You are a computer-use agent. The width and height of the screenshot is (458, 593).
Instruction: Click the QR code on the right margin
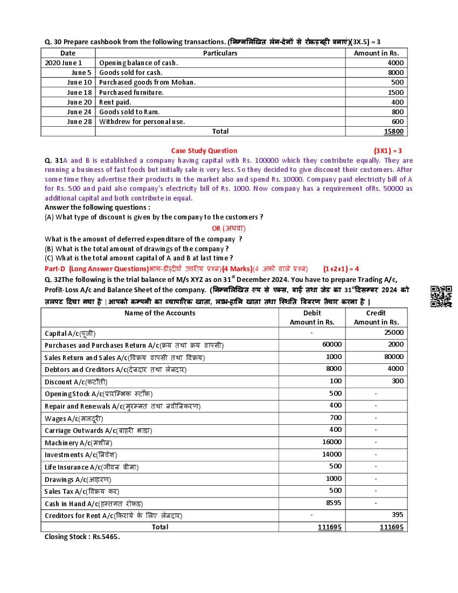click(x=441, y=297)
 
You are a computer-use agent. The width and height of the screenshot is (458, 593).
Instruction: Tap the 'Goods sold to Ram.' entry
click(x=126, y=112)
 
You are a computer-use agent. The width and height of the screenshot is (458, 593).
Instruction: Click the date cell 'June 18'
click(x=79, y=92)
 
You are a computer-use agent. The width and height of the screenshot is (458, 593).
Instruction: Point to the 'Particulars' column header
click(x=220, y=53)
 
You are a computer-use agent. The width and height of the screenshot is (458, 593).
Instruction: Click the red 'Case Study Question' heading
click(x=204, y=150)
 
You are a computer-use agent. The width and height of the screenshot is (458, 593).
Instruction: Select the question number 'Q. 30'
click(x=53, y=42)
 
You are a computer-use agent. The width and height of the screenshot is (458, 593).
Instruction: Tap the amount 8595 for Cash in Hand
click(x=334, y=502)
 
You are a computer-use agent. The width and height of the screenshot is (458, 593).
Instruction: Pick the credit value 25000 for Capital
click(x=393, y=332)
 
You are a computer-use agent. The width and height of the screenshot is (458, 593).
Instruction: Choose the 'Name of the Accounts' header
click(x=159, y=313)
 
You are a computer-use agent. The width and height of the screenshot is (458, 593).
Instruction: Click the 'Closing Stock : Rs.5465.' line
click(x=82, y=536)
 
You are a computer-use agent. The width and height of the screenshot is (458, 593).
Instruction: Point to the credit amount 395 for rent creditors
click(x=397, y=514)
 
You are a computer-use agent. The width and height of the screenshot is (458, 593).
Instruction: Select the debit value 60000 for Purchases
click(x=332, y=344)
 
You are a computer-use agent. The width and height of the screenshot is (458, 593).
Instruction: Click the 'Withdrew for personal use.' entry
click(x=142, y=121)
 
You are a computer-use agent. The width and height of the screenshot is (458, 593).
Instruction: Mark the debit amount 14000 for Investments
click(x=332, y=454)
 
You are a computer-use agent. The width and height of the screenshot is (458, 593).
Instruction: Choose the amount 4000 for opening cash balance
click(x=395, y=63)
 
